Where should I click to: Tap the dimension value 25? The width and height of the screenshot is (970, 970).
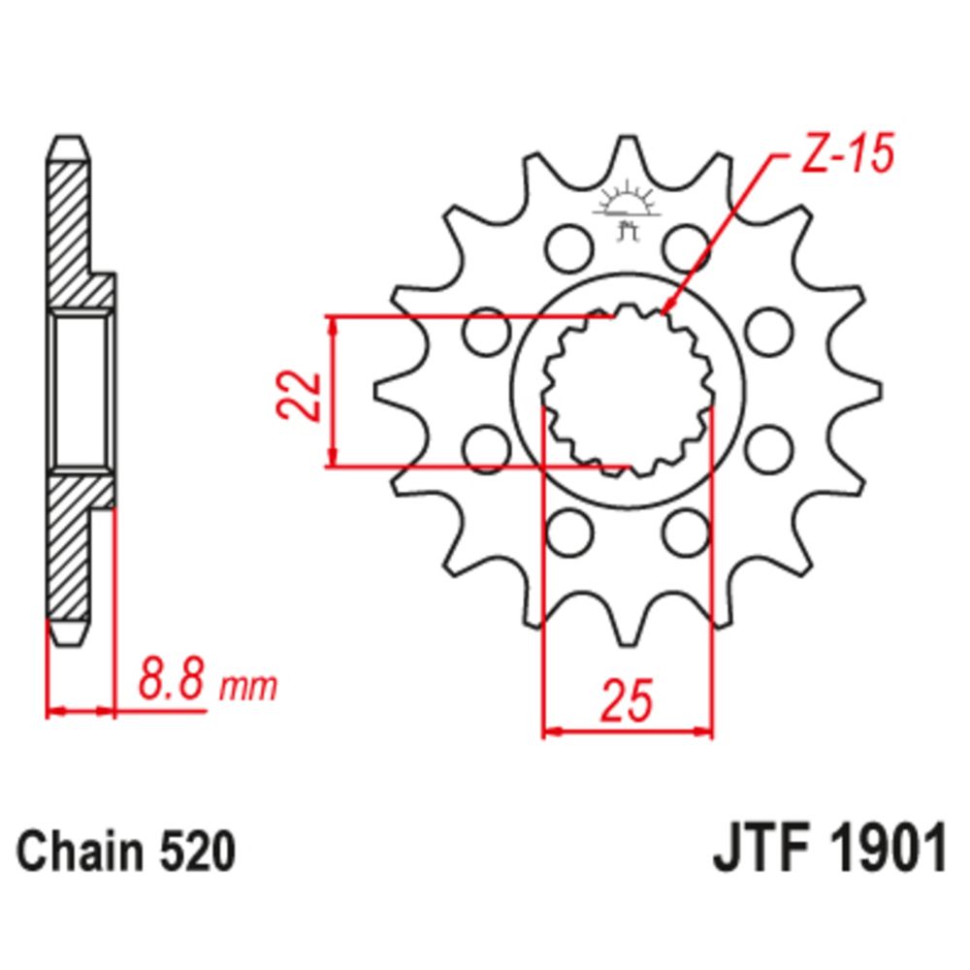(x=626, y=700)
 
